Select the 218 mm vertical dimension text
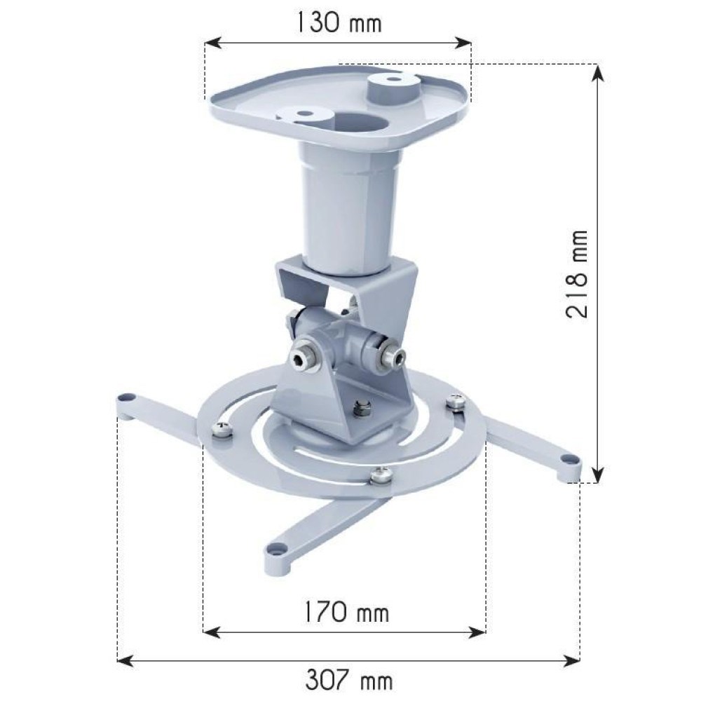tap(576, 274)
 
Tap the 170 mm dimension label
tap(343, 613)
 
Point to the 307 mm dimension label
tap(349, 679)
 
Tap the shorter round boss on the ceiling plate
tap(304, 114)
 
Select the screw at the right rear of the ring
tap(457, 402)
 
